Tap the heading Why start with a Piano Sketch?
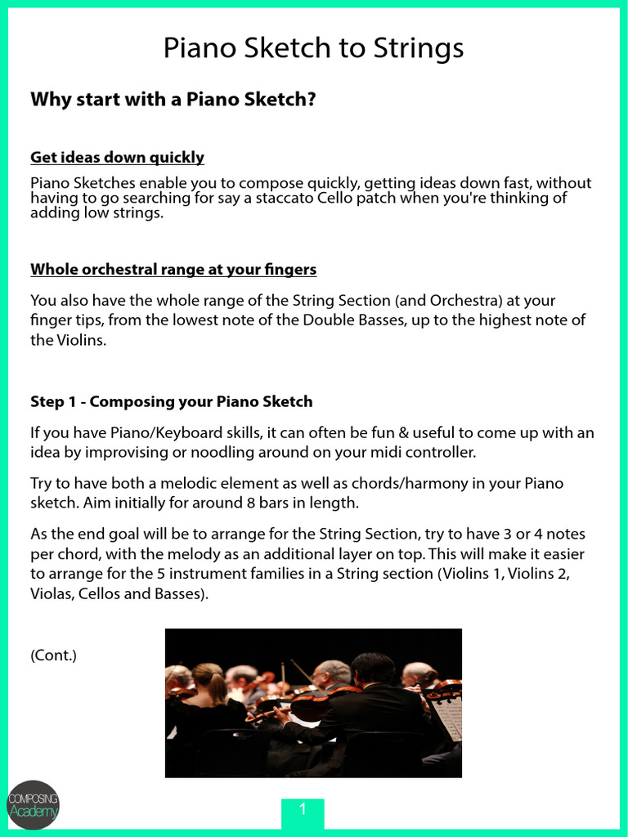pyautogui.click(x=173, y=99)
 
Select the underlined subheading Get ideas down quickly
pyautogui.click(x=117, y=157)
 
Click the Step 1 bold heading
pyautogui.click(x=171, y=401)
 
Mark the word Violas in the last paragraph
pyautogui.click(x=52, y=593)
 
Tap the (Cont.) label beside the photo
pyautogui.click(x=53, y=655)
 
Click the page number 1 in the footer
pyautogui.click(x=303, y=810)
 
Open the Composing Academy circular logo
pyautogui.click(x=33, y=804)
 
